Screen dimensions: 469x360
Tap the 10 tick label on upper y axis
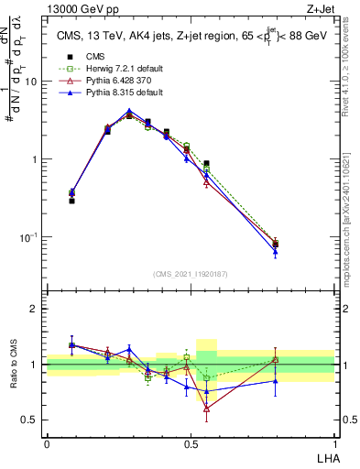pos(31,81)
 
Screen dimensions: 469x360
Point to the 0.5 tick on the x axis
pos(191,443)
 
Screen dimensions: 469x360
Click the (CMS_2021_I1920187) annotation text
pos(191,274)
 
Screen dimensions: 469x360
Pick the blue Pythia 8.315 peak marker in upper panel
pos(129,111)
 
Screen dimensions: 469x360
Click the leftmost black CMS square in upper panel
pos(72,201)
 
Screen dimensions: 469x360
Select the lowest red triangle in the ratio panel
pos(206,409)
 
